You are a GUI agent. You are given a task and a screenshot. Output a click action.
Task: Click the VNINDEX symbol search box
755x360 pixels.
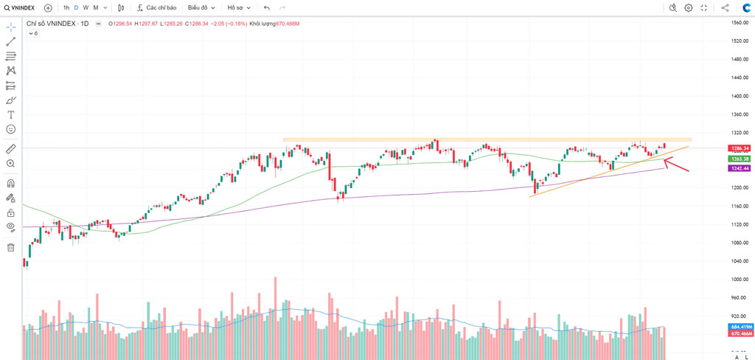(20, 7)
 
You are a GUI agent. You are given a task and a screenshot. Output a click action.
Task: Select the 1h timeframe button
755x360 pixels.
(66, 7)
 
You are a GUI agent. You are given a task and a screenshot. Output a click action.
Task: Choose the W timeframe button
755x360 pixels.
(86, 7)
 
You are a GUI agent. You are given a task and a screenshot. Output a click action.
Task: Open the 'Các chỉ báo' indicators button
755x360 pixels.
(156, 7)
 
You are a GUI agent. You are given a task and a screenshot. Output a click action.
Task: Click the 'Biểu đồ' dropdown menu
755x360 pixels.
(201, 7)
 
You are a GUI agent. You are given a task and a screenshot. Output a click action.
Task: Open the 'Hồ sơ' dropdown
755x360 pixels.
(238, 7)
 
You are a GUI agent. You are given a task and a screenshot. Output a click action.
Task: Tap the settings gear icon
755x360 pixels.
(688, 7)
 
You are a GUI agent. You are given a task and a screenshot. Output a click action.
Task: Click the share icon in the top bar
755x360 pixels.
(725, 7)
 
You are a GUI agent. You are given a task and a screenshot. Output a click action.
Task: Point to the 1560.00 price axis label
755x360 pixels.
(740, 22)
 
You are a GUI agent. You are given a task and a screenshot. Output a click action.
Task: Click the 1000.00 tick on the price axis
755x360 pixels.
(740, 280)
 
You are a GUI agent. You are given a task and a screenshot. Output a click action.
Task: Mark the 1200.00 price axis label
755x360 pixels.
(740, 187)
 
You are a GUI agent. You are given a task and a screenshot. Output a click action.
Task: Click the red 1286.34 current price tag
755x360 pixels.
(740, 148)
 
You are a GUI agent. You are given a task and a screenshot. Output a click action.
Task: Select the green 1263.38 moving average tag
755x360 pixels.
(740, 159)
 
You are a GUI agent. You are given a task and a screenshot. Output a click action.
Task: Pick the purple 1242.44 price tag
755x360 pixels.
(740, 168)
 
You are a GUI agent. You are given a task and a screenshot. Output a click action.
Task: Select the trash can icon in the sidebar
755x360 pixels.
(11, 247)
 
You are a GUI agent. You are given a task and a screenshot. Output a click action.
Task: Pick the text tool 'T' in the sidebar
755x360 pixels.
(11, 114)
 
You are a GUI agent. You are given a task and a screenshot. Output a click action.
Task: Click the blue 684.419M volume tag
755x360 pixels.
(740, 327)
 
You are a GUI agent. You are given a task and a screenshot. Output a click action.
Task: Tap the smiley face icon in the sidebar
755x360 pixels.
(11, 129)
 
